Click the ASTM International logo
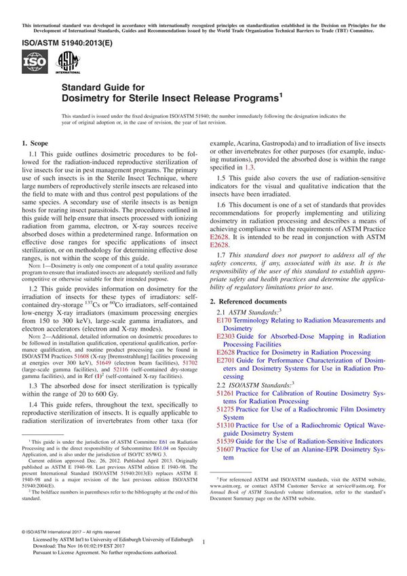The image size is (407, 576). (x=68, y=63)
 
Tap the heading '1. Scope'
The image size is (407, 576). (x=35, y=144)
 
